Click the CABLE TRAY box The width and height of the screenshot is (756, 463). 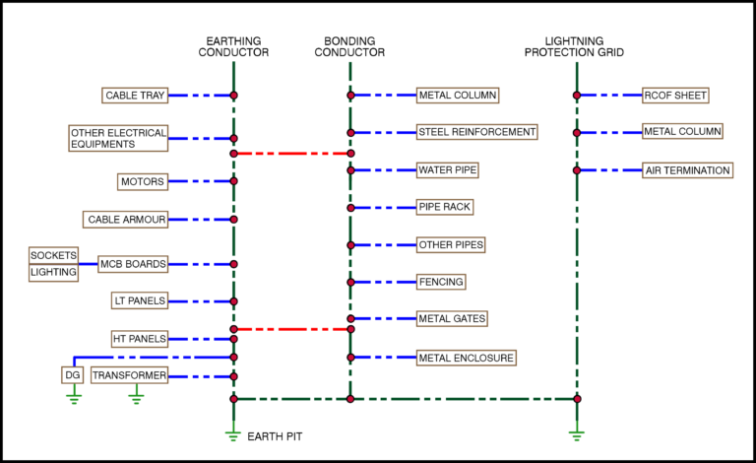135,96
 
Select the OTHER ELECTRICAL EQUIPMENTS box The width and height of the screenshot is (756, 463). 118,138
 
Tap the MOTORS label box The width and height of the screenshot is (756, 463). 142,181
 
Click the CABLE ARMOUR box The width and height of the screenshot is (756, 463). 126,219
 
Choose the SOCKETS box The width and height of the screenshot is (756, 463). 53,255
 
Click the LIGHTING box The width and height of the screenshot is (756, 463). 53,272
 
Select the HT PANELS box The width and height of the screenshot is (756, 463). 139,338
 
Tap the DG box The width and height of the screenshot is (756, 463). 73,375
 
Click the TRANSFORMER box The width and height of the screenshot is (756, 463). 129,375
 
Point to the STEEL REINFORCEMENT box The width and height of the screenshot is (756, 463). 476,132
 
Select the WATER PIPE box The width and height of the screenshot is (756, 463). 448,169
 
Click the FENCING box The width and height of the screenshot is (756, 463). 440,282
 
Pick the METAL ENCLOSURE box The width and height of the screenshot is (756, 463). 466,357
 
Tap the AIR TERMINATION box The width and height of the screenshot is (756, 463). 687,169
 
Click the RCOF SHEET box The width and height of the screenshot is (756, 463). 675,96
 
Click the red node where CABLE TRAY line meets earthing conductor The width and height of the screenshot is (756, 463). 233,96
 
